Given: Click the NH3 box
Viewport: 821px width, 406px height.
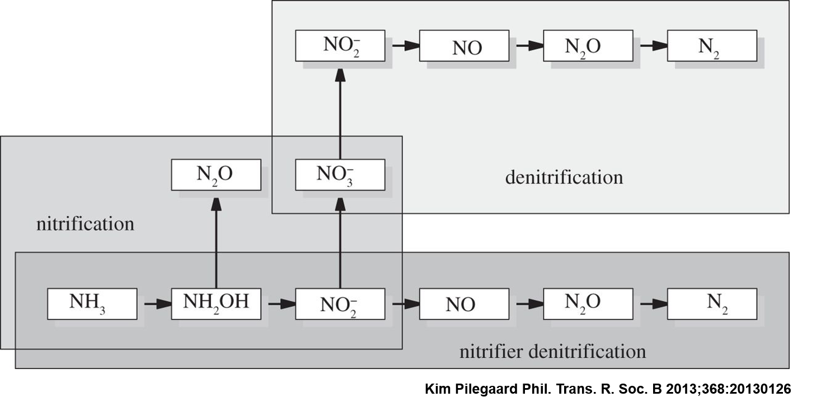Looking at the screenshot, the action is click(92, 304).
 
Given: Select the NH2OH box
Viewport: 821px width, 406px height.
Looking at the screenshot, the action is click(216, 304).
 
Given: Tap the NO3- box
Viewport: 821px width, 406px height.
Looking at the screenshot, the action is click(340, 175).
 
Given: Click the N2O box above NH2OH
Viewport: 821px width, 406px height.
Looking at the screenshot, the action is click(216, 175).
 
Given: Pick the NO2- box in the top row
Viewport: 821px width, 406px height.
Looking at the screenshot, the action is click(340, 45).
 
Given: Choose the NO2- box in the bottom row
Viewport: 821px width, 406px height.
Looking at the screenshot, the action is click(340, 304).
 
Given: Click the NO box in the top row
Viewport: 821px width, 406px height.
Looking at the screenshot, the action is click(464, 45).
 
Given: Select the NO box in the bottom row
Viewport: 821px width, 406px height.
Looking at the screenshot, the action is click(464, 304).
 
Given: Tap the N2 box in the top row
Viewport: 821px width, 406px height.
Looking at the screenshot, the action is click(712, 45).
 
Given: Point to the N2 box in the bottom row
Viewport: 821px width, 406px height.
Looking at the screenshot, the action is click(712, 304).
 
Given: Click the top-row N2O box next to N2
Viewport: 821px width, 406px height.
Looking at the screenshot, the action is click(588, 45).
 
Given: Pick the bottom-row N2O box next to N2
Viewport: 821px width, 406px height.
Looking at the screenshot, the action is click(588, 304).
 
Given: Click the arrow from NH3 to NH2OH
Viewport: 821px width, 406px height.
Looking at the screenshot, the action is click(158, 304).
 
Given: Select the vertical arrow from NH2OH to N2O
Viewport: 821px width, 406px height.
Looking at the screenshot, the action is click(216, 243).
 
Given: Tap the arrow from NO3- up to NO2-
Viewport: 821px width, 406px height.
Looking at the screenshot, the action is click(340, 114).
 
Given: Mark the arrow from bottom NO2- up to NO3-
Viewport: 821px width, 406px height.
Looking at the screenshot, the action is click(340, 243).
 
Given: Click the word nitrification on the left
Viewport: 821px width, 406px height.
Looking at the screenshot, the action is click(85, 223).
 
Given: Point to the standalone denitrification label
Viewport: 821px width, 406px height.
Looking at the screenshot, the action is click(564, 177).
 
